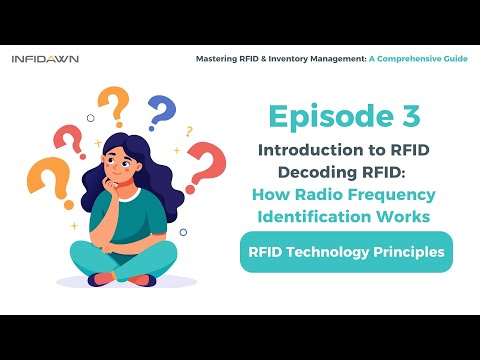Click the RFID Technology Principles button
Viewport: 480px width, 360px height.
(x=346, y=252)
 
